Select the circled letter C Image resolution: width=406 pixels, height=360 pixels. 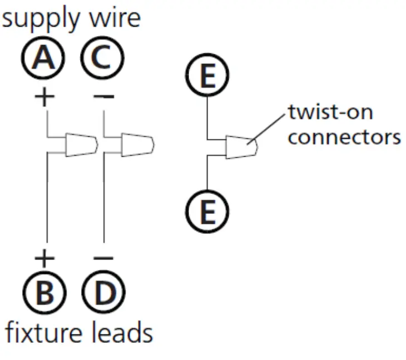pos(102,59)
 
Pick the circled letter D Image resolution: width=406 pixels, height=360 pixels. pos(103,293)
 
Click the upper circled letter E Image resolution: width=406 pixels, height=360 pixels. pos(207,77)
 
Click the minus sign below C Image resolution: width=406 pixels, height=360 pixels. pos(103,97)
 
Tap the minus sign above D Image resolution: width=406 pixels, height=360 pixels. pos(103,258)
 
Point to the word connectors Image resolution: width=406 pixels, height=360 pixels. pos(344,137)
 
